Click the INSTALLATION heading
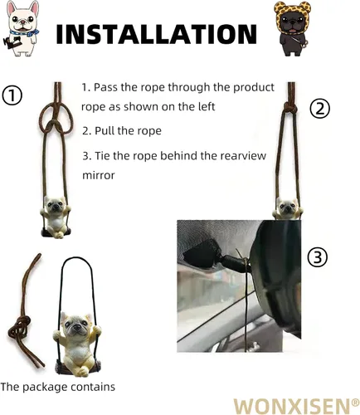point(157,34)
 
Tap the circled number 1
point(12,95)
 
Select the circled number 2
point(319,109)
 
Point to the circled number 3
point(318,257)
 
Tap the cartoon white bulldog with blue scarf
point(21,28)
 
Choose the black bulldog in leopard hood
point(293,28)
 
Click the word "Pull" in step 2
point(105,130)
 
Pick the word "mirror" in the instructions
point(99,175)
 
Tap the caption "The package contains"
point(57,387)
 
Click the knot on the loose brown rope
point(19,327)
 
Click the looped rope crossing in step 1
point(54,125)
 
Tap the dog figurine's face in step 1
point(55,205)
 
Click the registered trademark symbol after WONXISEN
point(356,402)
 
